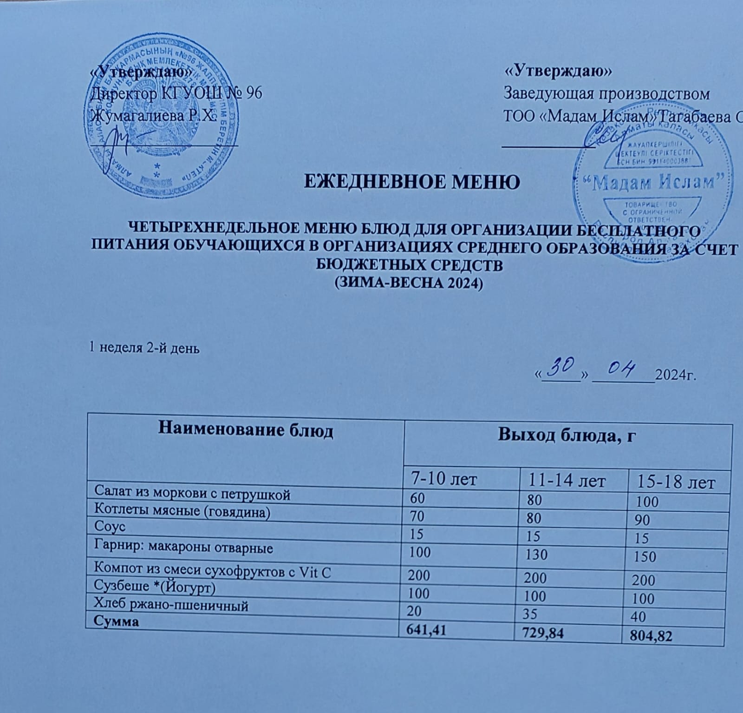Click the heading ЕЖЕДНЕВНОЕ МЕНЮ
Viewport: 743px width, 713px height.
[x=411, y=181]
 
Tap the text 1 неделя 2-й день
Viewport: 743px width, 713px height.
[x=144, y=348]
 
